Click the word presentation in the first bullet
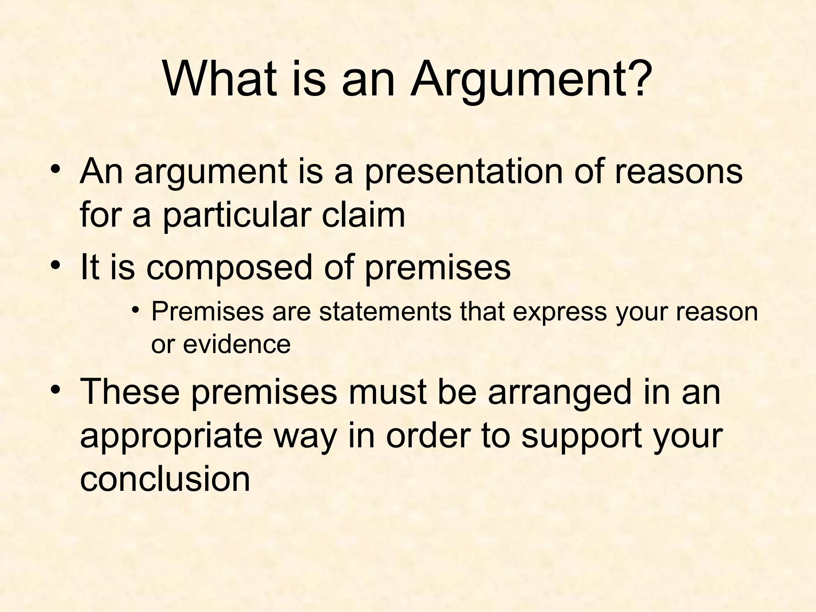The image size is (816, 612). click(463, 172)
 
